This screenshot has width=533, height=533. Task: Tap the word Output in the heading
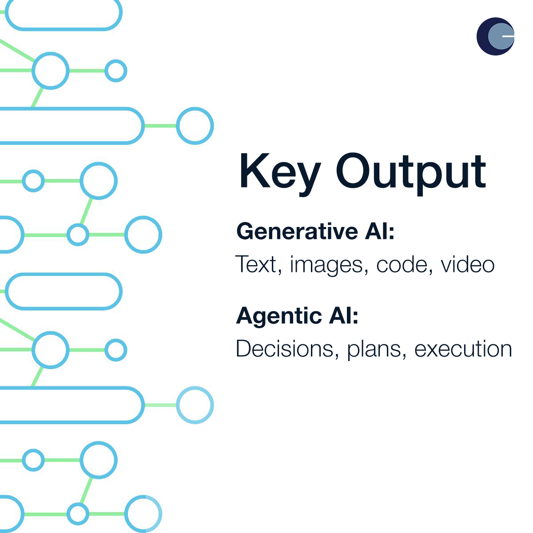point(411,174)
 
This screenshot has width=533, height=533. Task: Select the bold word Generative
point(297,231)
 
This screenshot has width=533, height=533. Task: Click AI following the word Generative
point(379,231)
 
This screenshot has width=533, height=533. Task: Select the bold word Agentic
point(279,317)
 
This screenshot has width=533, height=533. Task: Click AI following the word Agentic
point(343,315)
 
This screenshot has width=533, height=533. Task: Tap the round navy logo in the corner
point(495,36)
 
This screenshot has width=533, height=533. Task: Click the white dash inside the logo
point(508,36)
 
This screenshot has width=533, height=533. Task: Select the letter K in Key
point(255,171)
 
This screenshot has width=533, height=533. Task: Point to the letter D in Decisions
point(245,349)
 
